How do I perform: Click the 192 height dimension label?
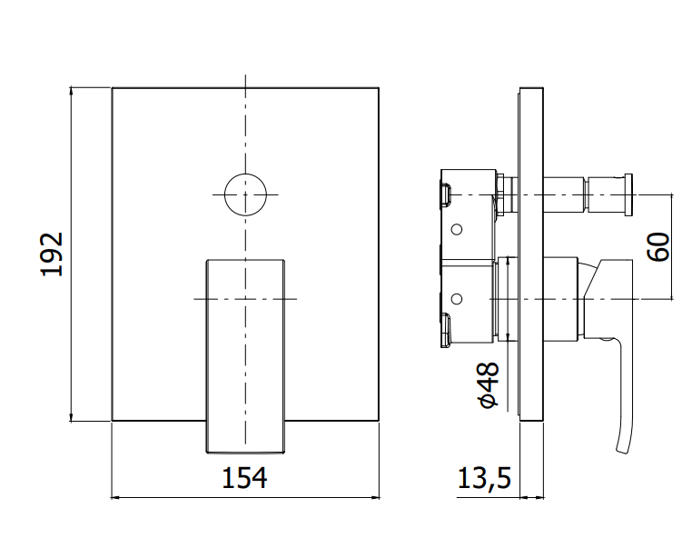[52, 254]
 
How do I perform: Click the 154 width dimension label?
[244, 478]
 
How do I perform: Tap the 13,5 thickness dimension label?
[484, 478]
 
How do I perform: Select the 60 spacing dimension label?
[658, 246]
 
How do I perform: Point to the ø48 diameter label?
[488, 384]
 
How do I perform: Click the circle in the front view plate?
[245, 174]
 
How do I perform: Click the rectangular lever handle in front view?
[245, 356]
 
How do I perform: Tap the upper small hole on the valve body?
[457, 229]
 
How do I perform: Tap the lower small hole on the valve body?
[457, 299]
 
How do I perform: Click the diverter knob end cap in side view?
[628, 194]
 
